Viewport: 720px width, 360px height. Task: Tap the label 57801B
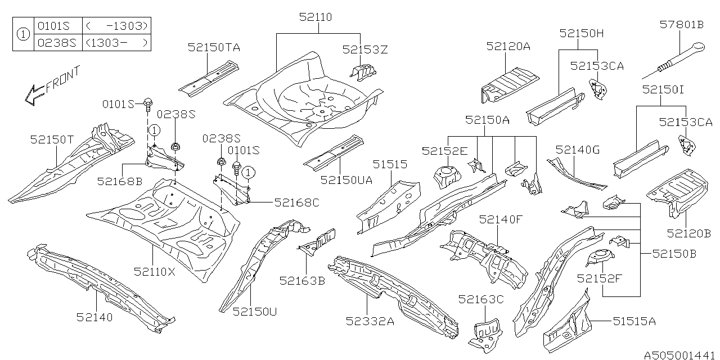681,24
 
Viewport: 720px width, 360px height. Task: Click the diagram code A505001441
681,355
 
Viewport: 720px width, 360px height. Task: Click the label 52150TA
214,48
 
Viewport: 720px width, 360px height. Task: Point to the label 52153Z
365,49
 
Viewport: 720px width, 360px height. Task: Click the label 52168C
296,202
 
